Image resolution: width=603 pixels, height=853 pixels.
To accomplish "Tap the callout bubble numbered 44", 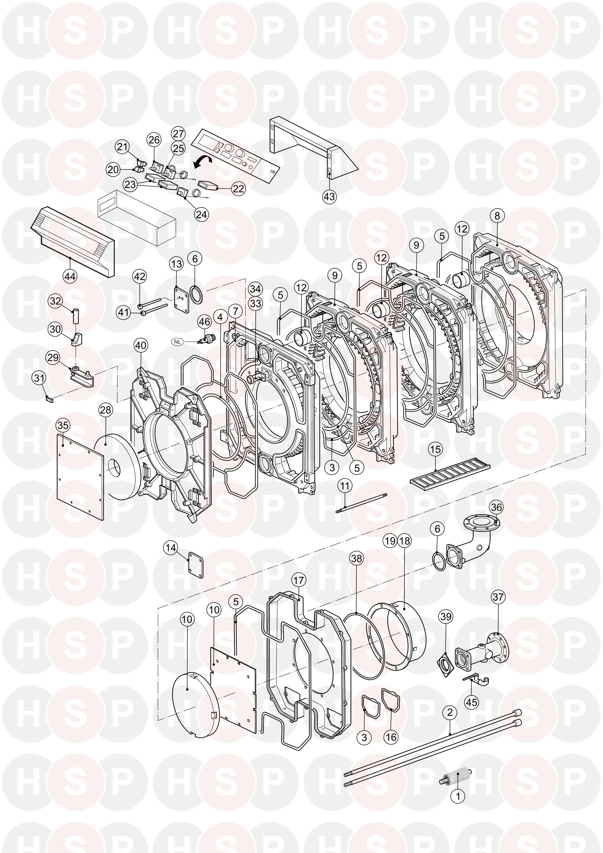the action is (70, 276).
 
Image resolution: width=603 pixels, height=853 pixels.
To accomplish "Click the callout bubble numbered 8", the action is (497, 216).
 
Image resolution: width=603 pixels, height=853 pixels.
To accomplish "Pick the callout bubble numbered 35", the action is (63, 426).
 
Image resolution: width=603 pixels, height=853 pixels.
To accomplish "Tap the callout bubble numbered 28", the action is (106, 410).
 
